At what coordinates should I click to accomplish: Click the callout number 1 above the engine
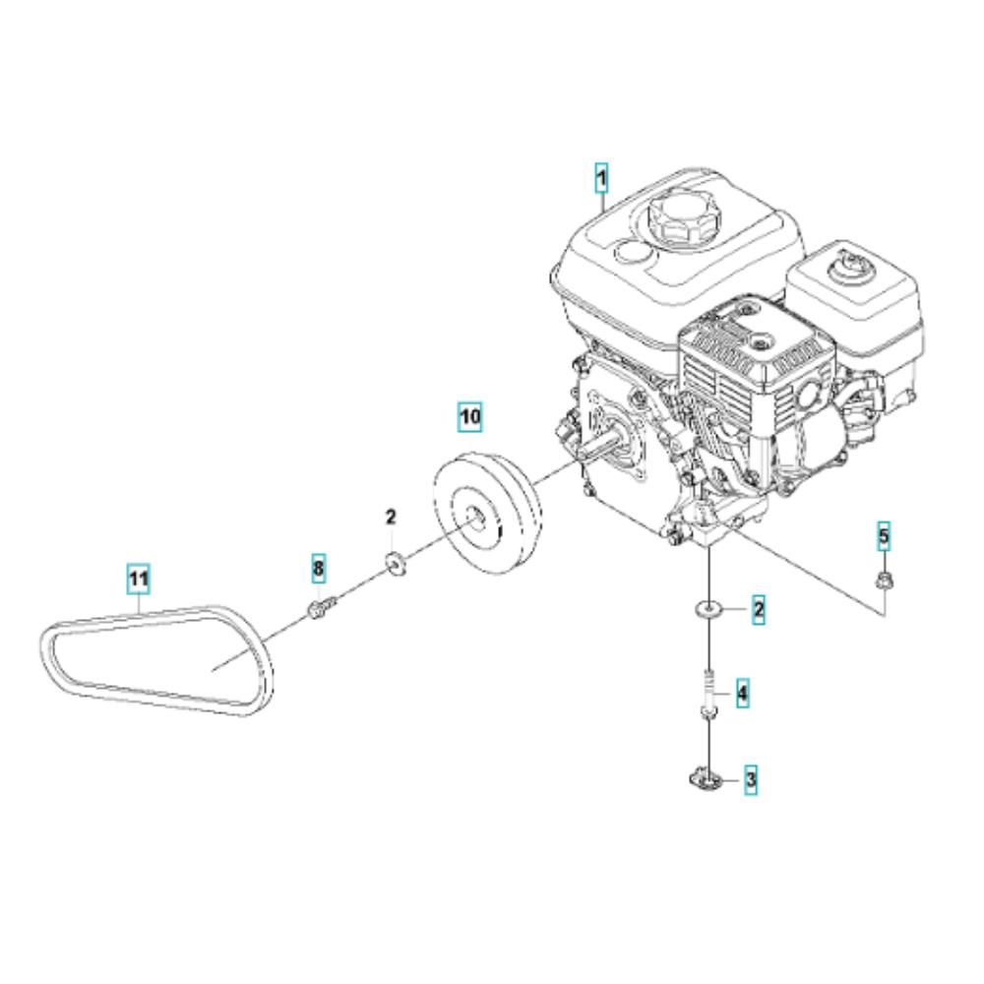602,178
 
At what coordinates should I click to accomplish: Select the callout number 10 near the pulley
470,416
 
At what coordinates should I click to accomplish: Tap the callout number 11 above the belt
138,578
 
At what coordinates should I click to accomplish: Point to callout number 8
319,569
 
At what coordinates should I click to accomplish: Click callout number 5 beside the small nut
884,536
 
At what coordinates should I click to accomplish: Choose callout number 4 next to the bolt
742,694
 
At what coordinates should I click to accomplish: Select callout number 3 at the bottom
751,780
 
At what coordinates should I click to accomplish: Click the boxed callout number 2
759,609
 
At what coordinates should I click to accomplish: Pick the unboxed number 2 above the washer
391,518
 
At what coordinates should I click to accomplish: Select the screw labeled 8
322,607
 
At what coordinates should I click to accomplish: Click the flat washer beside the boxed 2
708,608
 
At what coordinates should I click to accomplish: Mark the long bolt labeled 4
707,694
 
